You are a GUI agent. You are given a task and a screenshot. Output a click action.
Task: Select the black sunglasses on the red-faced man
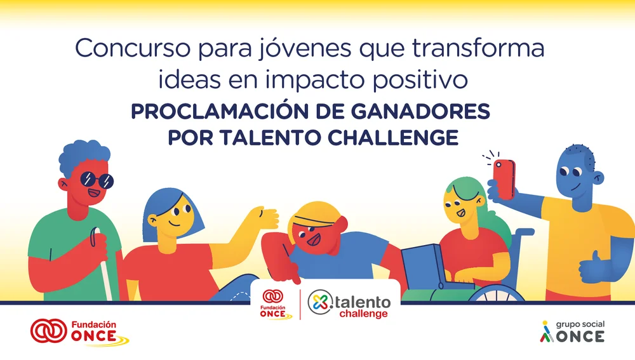tap(97, 181)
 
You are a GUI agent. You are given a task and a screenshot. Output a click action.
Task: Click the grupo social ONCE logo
tap(571, 331)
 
